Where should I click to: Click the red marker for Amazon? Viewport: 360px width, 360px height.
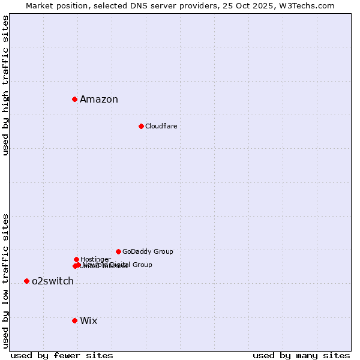74,99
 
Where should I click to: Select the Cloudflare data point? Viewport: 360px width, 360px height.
141,126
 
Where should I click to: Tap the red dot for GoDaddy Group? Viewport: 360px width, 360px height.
118,251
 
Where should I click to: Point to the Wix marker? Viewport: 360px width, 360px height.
74,320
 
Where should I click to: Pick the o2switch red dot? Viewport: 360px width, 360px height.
26,281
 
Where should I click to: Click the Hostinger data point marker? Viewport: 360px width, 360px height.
76,259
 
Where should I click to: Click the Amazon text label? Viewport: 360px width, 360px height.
99,100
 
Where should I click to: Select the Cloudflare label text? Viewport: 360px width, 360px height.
161,126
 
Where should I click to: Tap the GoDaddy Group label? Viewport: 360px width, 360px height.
148,251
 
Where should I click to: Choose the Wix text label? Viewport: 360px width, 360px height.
88,321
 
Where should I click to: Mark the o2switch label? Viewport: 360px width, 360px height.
53,281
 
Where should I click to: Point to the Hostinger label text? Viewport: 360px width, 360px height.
95,259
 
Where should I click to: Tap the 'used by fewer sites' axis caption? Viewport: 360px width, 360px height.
62,356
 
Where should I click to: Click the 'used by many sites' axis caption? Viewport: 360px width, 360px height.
301,356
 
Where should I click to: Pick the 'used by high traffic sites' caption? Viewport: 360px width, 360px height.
6,85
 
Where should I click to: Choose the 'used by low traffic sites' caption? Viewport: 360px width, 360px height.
6,281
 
